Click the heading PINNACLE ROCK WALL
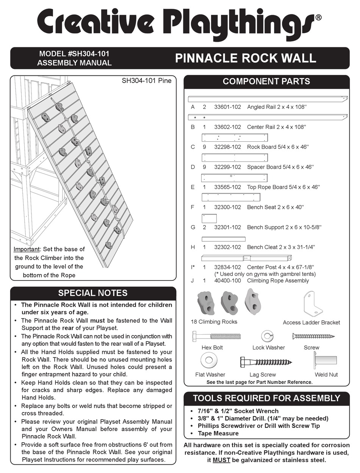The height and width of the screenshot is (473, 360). coord(245,58)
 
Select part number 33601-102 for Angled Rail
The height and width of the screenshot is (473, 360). coord(227,107)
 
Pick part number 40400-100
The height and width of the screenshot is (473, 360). coord(227,281)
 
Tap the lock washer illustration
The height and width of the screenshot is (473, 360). coord(268,336)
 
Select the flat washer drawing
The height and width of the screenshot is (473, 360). coord(210,360)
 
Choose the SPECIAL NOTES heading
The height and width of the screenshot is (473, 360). coord(93,293)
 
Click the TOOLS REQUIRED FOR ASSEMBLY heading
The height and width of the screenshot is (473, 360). coord(267,398)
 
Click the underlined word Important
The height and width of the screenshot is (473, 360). coord(27,249)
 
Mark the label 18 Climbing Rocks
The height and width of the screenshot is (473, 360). coord(214,322)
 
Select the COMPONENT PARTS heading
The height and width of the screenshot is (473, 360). coord(266,81)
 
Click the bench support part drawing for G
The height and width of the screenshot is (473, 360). coord(209,218)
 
